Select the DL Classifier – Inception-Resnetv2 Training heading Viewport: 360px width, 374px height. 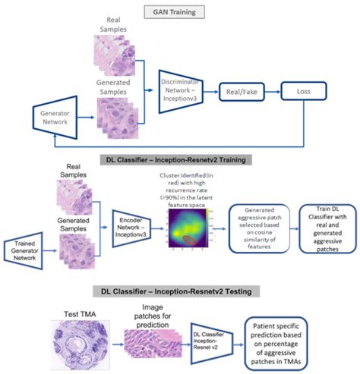(x=179, y=159)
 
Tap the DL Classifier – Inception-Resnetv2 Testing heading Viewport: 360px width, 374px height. (x=180, y=290)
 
